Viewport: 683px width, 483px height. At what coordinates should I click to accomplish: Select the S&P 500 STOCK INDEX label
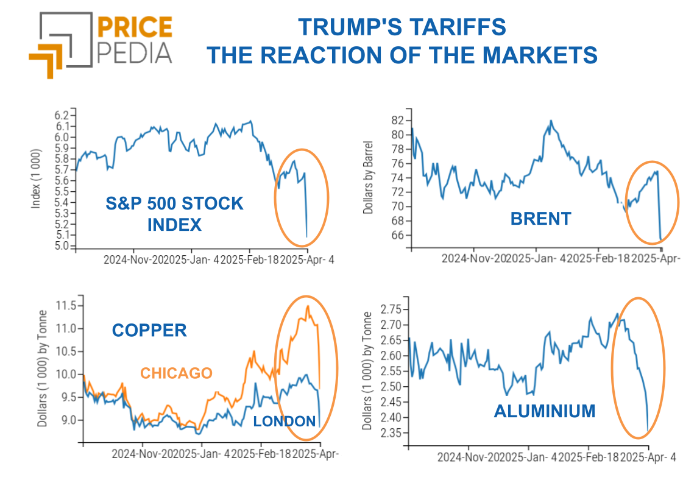click(x=174, y=213)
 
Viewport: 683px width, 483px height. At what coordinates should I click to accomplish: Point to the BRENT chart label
click(x=540, y=219)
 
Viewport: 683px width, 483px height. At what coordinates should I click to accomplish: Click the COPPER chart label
click(x=149, y=330)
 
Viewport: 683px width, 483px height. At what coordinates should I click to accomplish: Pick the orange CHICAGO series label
click(x=176, y=373)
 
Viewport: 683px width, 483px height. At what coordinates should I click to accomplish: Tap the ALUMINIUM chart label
click(x=544, y=411)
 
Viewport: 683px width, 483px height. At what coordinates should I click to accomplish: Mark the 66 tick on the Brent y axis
click(x=399, y=235)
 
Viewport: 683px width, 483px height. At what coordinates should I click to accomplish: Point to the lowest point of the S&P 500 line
click(x=306, y=237)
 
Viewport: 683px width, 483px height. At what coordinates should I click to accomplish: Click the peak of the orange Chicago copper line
click(x=308, y=306)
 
